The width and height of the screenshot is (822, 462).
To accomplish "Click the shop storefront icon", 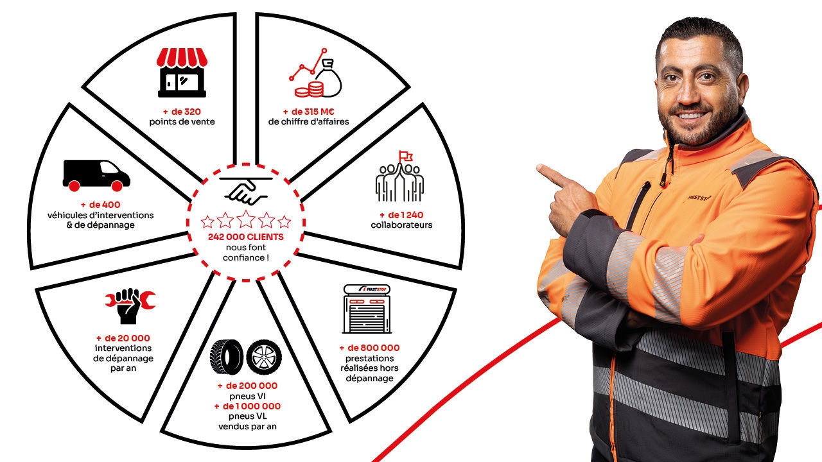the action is coord(182,73).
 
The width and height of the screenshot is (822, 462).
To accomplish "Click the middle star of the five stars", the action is coord(246,219).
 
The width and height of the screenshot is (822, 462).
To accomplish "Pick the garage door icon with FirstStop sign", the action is coord(367,309).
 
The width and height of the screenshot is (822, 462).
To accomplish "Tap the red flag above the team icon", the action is coord(406,156).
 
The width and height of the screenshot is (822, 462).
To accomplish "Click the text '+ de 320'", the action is coord(182,112).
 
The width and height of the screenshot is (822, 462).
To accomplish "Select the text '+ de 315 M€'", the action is coord(309,112).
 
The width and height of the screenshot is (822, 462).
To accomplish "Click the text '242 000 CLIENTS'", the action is coord(246,237).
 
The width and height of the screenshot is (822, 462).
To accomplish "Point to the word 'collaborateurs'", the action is coord(401,225).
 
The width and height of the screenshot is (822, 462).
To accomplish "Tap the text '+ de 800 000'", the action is coord(369,348).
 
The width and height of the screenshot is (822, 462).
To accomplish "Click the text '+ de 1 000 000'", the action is coord(247,406).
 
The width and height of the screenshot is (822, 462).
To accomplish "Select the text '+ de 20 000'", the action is coord(123,338).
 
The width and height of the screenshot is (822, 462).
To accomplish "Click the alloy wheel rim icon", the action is coord(264,357).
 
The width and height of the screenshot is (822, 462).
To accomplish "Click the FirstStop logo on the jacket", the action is coord(699,198).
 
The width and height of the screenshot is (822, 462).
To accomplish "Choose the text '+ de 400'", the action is coord(101,205).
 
